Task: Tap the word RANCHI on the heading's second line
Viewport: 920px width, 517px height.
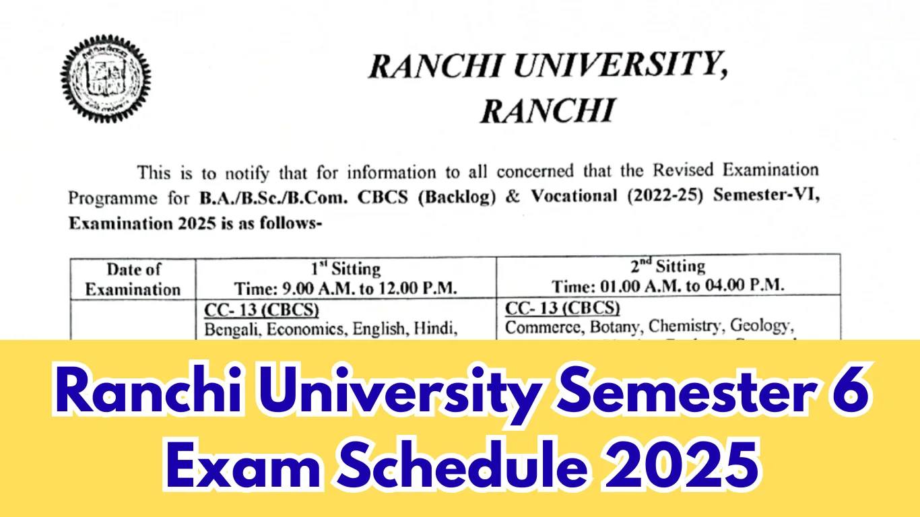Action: point(547,110)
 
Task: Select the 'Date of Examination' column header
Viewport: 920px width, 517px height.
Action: point(133,279)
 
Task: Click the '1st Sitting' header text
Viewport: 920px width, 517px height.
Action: point(346,269)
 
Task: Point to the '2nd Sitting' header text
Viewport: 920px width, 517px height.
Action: point(667,266)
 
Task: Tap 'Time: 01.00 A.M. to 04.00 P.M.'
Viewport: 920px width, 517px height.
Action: point(667,285)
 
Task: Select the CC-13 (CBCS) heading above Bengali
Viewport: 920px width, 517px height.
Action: point(261,310)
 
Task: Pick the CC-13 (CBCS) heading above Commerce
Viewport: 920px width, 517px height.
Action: point(562,308)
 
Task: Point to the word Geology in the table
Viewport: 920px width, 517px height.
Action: point(760,326)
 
